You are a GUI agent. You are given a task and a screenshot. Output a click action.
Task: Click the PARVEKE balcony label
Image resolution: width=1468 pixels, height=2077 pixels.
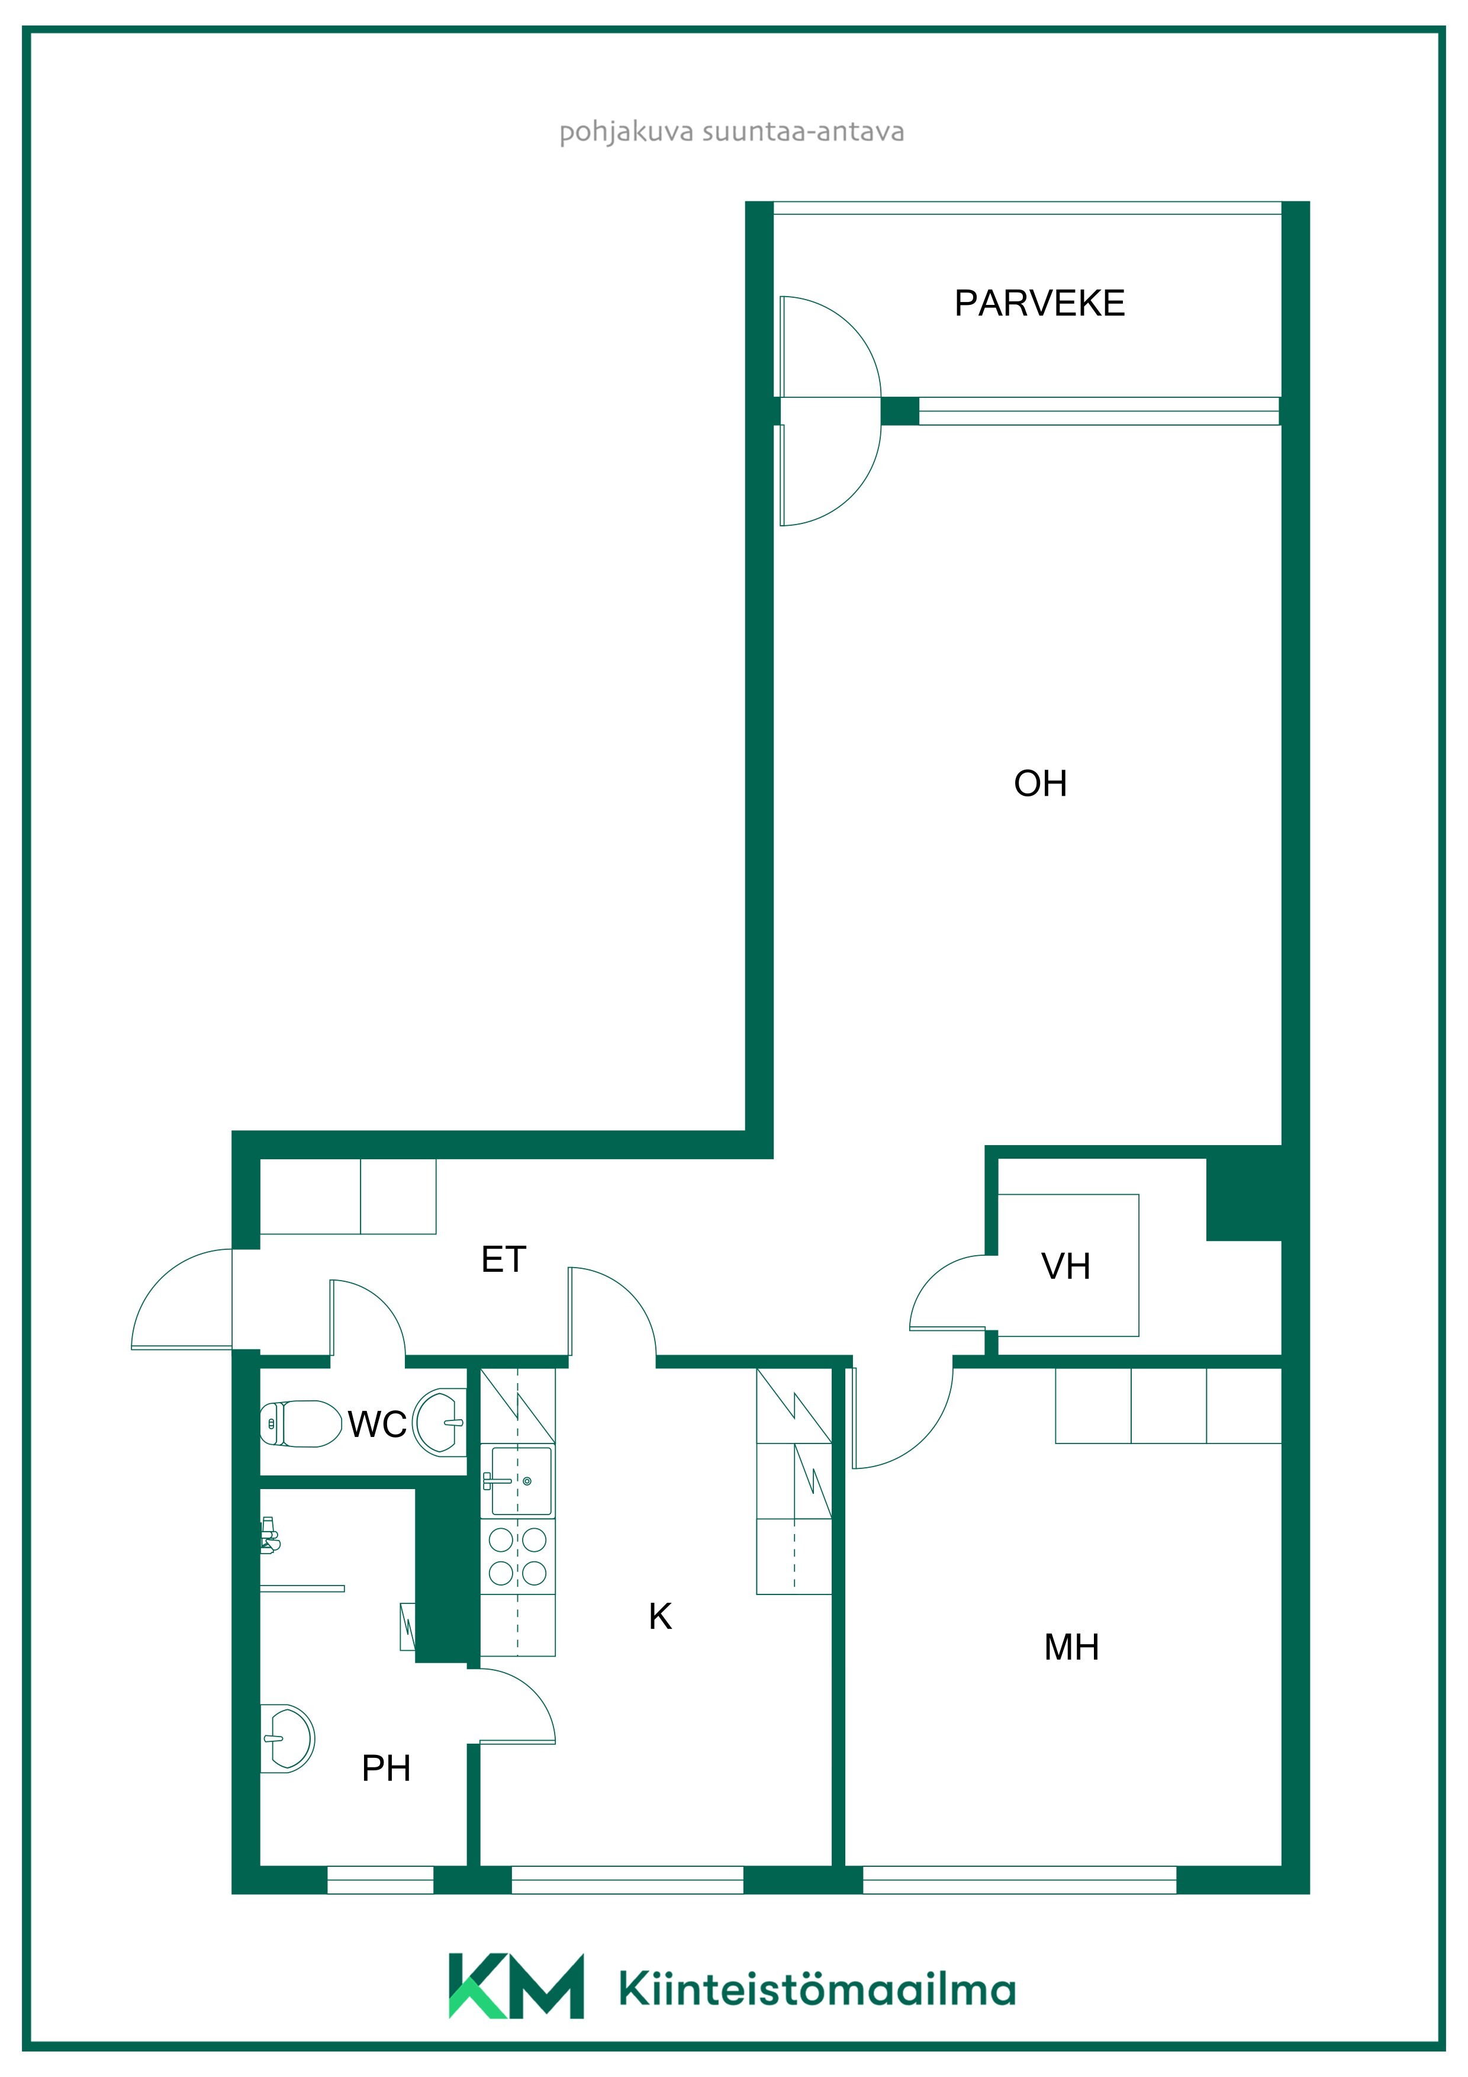pos(1039,303)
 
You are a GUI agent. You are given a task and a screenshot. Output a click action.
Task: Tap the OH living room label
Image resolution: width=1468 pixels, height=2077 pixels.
pos(1040,783)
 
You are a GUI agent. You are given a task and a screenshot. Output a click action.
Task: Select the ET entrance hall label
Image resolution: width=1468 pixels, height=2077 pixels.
pos(503,1259)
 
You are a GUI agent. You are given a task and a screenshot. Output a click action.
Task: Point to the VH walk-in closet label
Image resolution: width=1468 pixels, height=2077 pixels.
pos(1065,1266)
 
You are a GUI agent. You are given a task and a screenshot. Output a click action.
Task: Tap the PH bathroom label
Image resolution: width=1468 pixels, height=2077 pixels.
pos(386,1769)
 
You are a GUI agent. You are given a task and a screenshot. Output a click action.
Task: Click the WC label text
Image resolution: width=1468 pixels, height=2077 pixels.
pos(377,1425)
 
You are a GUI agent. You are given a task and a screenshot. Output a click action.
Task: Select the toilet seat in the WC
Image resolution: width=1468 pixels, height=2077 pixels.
pos(300,1424)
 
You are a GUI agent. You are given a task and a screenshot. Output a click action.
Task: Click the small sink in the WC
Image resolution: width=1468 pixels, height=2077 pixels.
pos(440,1422)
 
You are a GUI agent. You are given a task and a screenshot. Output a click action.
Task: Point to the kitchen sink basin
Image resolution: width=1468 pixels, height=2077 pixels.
pos(521,1481)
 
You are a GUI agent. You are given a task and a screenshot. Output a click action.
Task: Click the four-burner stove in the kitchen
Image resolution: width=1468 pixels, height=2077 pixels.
pos(517,1557)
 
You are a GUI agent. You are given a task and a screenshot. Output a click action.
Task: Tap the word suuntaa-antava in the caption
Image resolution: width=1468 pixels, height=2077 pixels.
pos(803,132)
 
